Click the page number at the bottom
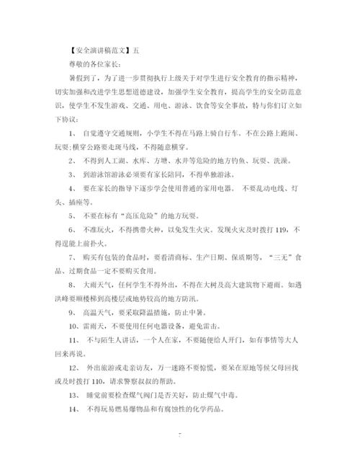tap(180, 435)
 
